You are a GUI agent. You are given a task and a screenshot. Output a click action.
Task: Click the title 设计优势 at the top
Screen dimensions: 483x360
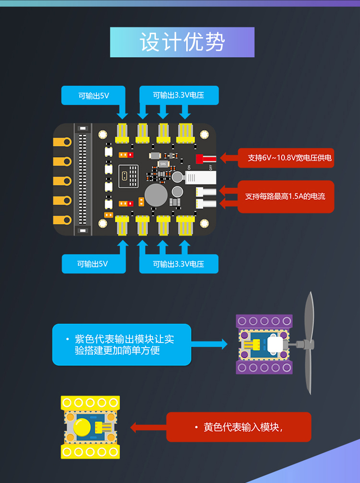[182, 42]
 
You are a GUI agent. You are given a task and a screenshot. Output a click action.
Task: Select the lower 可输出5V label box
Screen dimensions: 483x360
[93, 263]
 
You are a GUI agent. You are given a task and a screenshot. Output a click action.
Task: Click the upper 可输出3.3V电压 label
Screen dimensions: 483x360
[179, 95]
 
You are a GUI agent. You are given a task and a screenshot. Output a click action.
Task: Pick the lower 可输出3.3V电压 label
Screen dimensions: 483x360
[179, 264]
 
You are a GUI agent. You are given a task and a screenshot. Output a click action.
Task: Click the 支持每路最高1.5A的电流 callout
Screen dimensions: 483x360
[286, 196]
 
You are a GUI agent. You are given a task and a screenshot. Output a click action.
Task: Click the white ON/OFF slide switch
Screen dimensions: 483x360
[197, 177]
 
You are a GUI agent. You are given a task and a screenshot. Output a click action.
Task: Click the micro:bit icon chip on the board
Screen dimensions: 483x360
[128, 176]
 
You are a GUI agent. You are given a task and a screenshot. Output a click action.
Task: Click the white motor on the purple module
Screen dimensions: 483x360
[275, 344]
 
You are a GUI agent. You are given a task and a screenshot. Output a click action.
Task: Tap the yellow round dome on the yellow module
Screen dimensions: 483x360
[83, 426]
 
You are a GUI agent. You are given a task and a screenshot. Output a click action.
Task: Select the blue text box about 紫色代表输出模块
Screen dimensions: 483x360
[122, 344]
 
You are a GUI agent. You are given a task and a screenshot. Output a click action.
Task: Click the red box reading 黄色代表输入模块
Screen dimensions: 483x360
[239, 427]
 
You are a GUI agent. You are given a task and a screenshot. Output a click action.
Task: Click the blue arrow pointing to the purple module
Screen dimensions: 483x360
[209, 343]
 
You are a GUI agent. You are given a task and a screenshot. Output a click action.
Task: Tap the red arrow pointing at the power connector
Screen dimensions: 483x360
[229, 158]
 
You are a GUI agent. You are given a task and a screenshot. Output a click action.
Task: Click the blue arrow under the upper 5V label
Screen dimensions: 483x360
[123, 111]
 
